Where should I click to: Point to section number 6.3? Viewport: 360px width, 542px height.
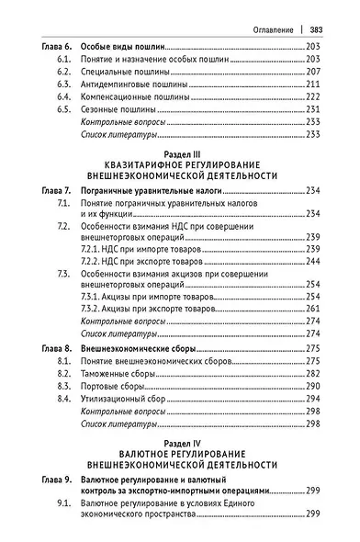coord(62,83)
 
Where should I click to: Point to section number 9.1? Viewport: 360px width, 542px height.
coord(62,505)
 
